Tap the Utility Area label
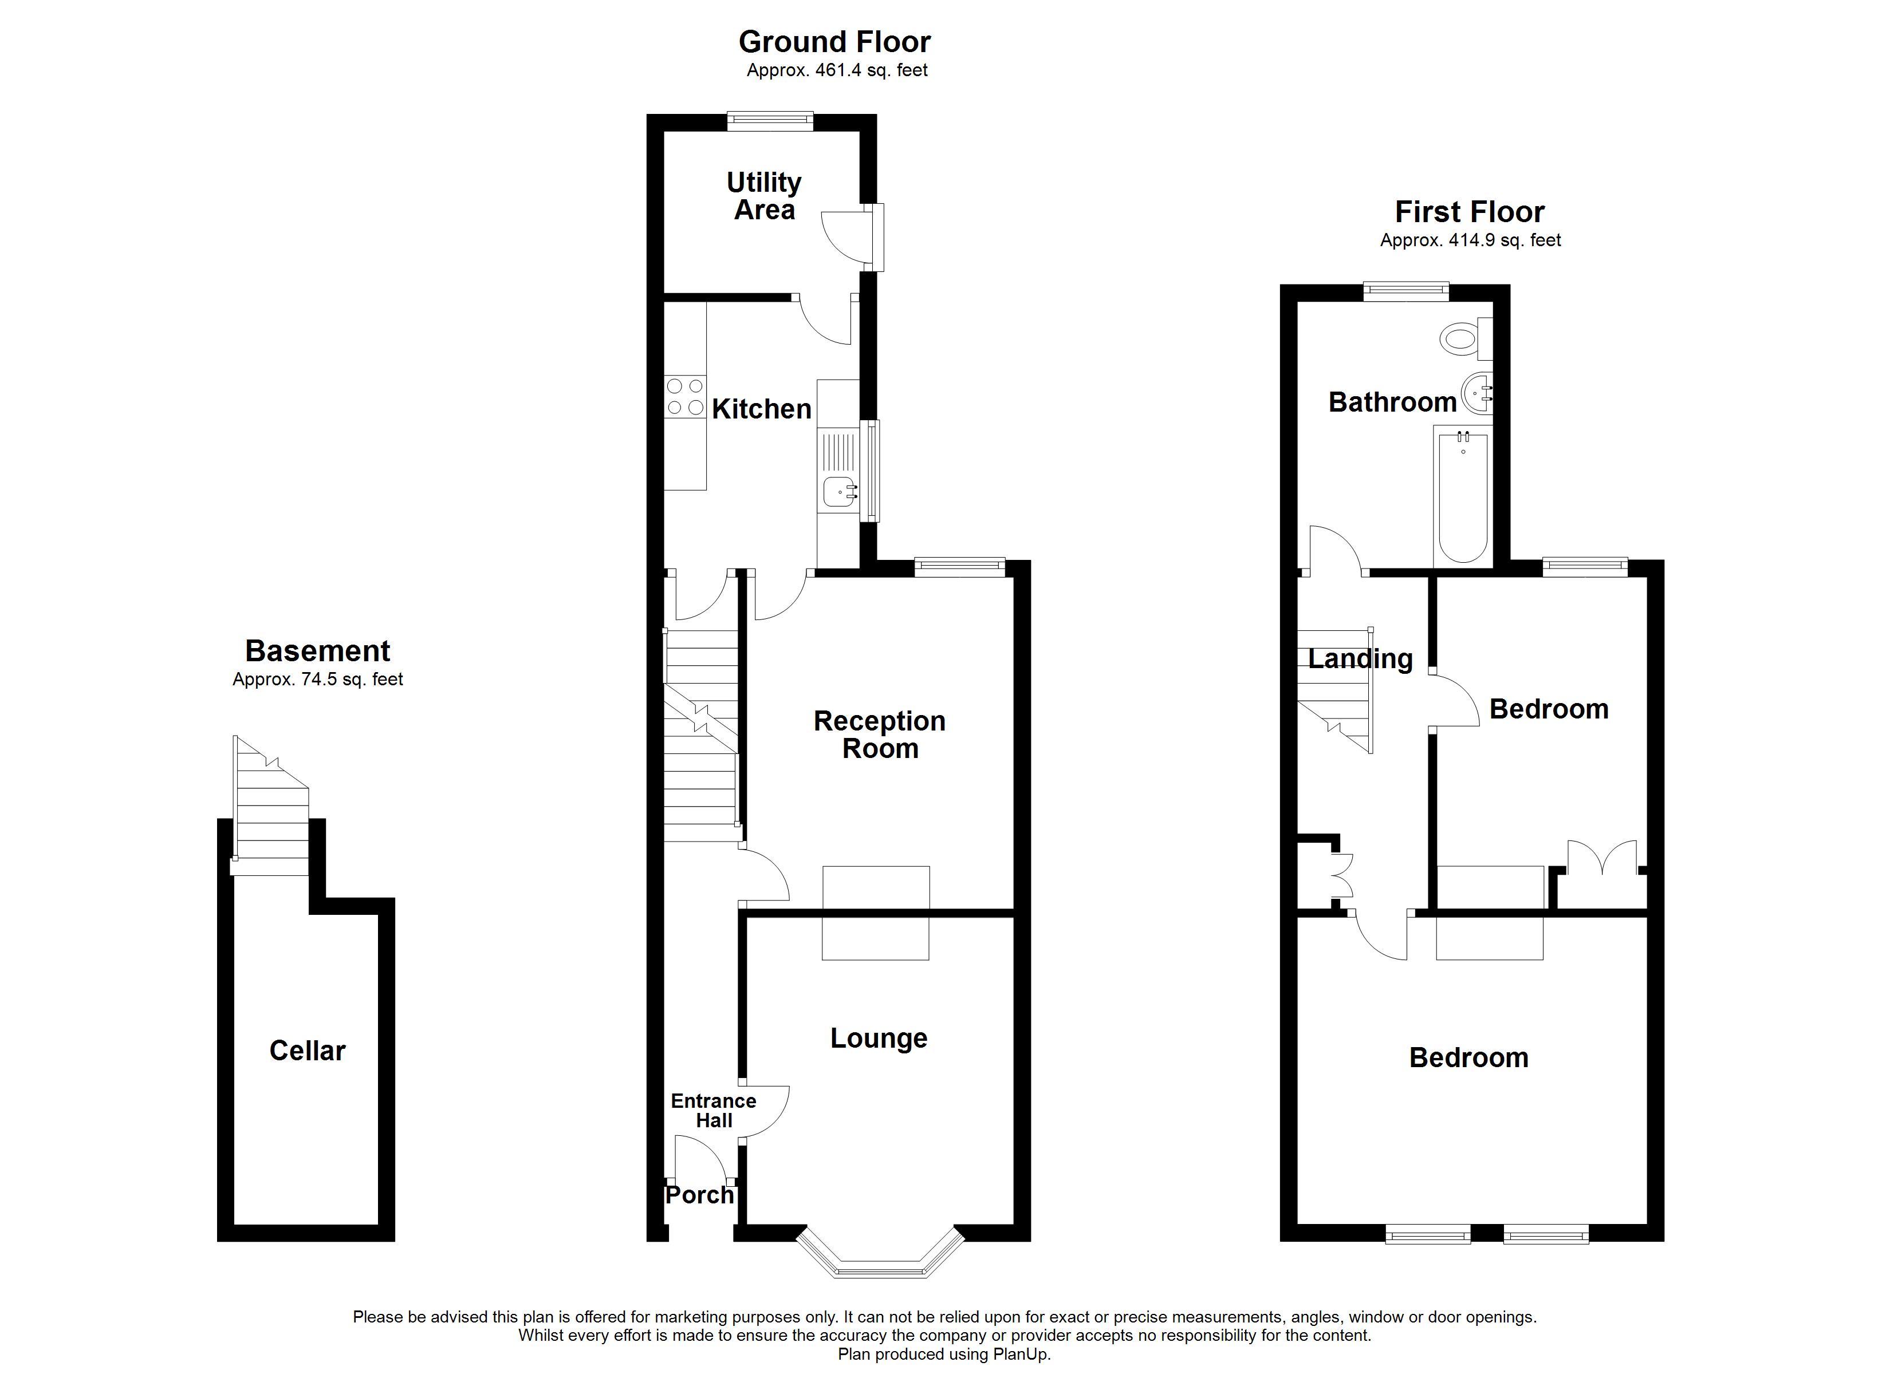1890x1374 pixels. coord(764,196)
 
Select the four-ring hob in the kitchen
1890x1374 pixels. coord(685,397)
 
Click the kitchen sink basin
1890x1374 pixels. coord(838,492)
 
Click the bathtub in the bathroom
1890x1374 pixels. coord(1463,496)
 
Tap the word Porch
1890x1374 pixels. coord(699,1195)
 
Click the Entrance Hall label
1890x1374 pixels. coord(714,1111)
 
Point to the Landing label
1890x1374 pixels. coord(1360,659)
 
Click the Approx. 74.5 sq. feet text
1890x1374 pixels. coord(317,679)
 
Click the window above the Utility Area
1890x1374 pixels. coord(769,121)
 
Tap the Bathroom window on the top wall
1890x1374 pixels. coord(1406,291)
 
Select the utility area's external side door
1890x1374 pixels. coord(872,238)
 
